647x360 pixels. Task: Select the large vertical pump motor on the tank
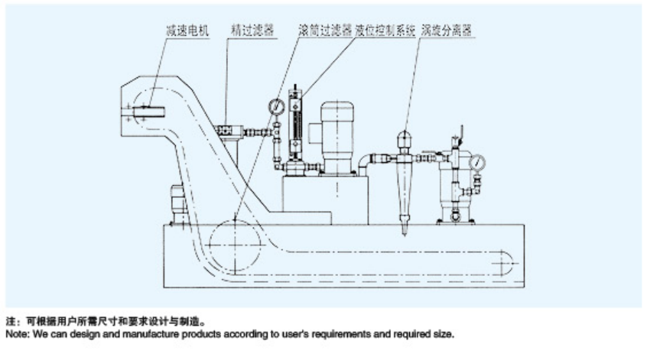point(336,130)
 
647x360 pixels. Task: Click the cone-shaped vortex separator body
point(405,183)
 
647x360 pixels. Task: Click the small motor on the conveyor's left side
point(177,202)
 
